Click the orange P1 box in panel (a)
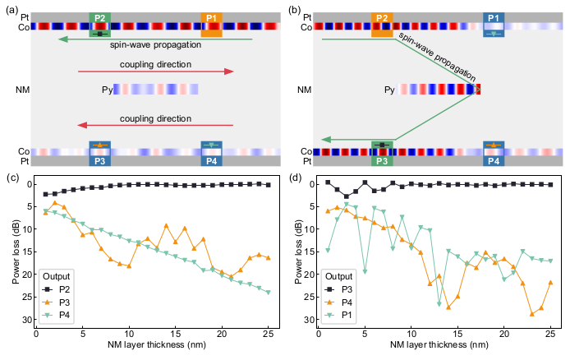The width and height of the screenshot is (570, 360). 212,25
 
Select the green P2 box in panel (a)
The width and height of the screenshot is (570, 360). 100,25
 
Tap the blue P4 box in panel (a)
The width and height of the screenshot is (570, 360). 212,154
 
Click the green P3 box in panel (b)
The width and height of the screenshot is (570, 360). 382,154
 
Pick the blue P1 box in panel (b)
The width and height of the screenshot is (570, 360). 494,25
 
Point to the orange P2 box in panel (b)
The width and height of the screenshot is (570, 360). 382,25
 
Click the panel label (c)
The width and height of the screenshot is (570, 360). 12,178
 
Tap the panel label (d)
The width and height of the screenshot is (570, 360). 295,178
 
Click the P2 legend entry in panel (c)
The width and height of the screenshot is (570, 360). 57,289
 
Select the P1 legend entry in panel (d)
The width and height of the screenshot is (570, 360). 339,315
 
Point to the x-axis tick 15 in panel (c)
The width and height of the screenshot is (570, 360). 176,334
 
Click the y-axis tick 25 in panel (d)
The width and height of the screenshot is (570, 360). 310,297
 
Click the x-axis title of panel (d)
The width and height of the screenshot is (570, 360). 439,344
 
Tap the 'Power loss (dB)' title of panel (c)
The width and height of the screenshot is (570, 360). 16,252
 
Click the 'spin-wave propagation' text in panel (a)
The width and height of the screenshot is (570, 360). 155,44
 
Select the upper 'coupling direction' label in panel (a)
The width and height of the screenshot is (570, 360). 155,64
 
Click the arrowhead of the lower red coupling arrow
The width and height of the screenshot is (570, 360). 82,126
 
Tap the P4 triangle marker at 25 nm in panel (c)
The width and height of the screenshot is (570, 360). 269,293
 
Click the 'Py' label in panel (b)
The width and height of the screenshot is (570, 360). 389,90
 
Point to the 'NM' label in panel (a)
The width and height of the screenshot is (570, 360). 22,90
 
